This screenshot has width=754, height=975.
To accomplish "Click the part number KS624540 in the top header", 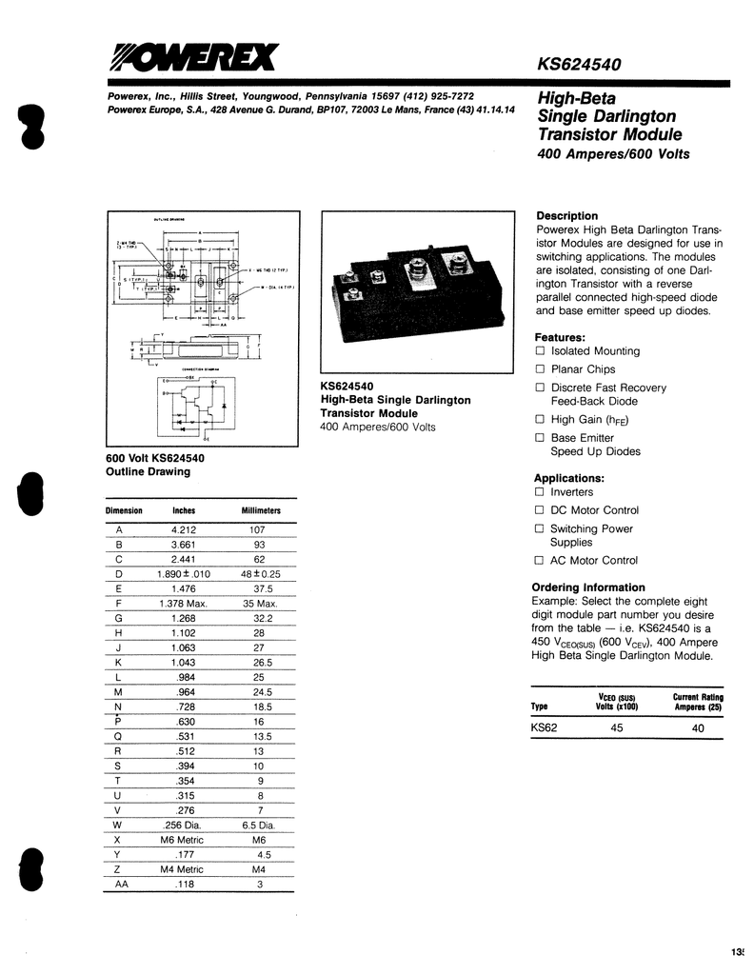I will (579, 66).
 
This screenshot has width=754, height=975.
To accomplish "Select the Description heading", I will (567, 216).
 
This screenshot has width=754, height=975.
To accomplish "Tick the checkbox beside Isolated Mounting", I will (540, 351).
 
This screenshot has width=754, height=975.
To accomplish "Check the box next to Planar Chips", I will (540, 369).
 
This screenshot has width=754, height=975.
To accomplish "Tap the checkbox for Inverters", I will (540, 492).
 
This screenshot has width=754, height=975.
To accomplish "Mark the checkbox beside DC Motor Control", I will (540, 510).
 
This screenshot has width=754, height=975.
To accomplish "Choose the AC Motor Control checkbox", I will (540, 561).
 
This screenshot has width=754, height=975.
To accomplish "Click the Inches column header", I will (184, 511).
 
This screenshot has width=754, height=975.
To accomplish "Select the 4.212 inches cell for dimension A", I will (184, 529).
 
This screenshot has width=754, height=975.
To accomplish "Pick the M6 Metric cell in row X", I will (184, 842).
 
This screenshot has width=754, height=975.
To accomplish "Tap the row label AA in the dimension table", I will (120, 885).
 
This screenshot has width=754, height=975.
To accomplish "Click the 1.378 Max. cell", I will (184, 603).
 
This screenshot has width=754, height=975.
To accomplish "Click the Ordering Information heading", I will (588, 587).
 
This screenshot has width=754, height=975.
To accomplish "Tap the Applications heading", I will (569, 478).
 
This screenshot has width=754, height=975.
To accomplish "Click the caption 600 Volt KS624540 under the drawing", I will (156, 458).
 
